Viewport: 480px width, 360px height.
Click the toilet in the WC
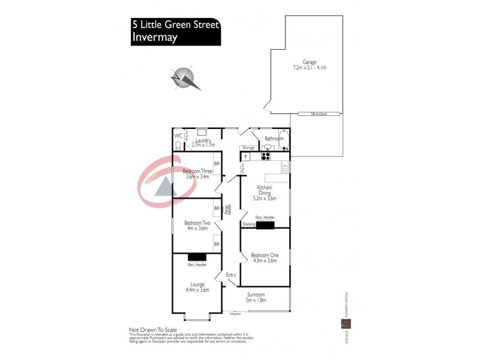(x=178, y=145)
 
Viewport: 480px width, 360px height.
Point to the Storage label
(x=248, y=147)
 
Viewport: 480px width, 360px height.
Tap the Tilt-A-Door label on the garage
(x=319, y=113)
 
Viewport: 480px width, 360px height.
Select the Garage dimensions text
(x=309, y=68)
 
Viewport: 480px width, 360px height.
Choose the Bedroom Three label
(x=197, y=171)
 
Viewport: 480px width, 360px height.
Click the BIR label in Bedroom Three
(x=217, y=163)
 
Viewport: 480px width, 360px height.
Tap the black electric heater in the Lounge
(x=197, y=257)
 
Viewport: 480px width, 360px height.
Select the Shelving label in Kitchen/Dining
(x=248, y=224)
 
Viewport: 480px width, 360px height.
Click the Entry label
(x=231, y=275)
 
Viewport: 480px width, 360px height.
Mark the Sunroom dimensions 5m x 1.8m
(x=259, y=302)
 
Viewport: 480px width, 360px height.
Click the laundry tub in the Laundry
(x=202, y=133)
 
